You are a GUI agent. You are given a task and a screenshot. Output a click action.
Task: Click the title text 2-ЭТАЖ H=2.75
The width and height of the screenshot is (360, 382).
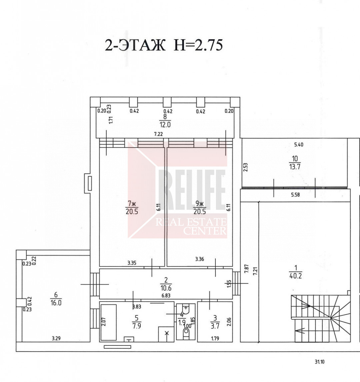pos(164,45)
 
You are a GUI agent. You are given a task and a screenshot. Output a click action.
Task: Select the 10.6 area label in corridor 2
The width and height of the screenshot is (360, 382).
pos(166,288)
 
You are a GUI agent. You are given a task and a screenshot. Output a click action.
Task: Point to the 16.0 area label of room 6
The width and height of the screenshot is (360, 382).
pos(56,303)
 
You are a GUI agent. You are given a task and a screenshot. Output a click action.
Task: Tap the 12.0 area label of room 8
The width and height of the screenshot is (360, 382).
pos(165,125)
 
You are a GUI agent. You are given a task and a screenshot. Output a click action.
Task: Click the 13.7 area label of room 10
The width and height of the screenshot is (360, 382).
pos(295,167)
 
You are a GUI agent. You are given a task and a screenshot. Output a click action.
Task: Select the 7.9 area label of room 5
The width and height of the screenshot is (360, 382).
pos(137,326)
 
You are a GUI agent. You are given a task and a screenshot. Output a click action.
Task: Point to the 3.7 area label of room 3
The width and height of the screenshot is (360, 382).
pos(215,326)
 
